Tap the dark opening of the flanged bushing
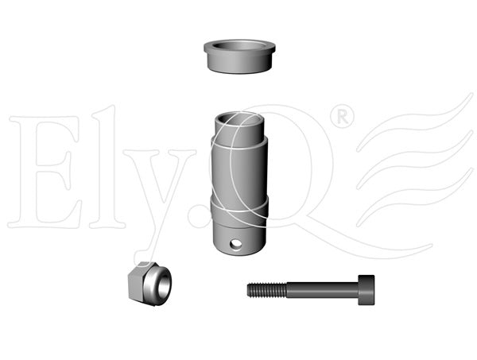coord(239,45)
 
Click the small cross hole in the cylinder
coord(236,243)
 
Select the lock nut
coord(149,284)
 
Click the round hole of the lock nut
coord(163,285)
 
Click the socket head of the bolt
coord(366,290)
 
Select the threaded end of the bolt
coord(267,290)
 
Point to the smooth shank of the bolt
coord(323,290)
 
